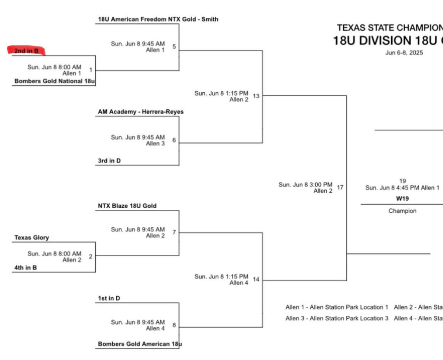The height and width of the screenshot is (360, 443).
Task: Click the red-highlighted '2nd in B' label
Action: click(x=26, y=51)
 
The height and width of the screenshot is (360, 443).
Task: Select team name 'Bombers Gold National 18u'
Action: click(x=55, y=81)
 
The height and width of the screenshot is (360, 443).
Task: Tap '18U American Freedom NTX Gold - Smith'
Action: click(x=158, y=19)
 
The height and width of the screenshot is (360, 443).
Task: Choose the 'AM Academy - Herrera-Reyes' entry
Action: click(x=141, y=112)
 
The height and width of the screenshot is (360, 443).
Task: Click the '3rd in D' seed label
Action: click(x=109, y=161)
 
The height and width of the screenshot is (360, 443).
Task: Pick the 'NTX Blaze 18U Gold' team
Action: click(x=127, y=206)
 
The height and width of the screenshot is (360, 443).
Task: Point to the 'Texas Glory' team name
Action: click(x=31, y=237)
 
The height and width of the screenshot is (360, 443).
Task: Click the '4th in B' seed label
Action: click(x=25, y=268)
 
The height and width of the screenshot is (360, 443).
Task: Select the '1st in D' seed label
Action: click(x=109, y=298)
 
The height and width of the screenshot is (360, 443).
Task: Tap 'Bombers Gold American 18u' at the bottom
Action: click(x=140, y=344)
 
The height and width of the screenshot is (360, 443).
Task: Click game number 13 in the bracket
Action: click(x=256, y=96)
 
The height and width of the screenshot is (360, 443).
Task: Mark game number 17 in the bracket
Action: click(x=340, y=188)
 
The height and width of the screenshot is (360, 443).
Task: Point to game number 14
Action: click(x=256, y=280)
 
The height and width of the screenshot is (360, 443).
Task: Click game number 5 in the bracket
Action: click(x=174, y=47)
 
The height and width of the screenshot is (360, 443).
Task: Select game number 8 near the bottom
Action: click(x=174, y=325)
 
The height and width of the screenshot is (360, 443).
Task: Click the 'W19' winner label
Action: click(x=402, y=199)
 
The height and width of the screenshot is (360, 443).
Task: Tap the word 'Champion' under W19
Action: click(x=402, y=211)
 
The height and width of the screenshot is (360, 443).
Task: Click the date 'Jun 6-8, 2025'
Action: click(x=404, y=53)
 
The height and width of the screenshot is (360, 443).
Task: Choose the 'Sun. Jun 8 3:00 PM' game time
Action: click(x=305, y=185)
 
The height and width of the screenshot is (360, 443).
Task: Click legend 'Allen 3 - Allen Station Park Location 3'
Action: click(x=337, y=318)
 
